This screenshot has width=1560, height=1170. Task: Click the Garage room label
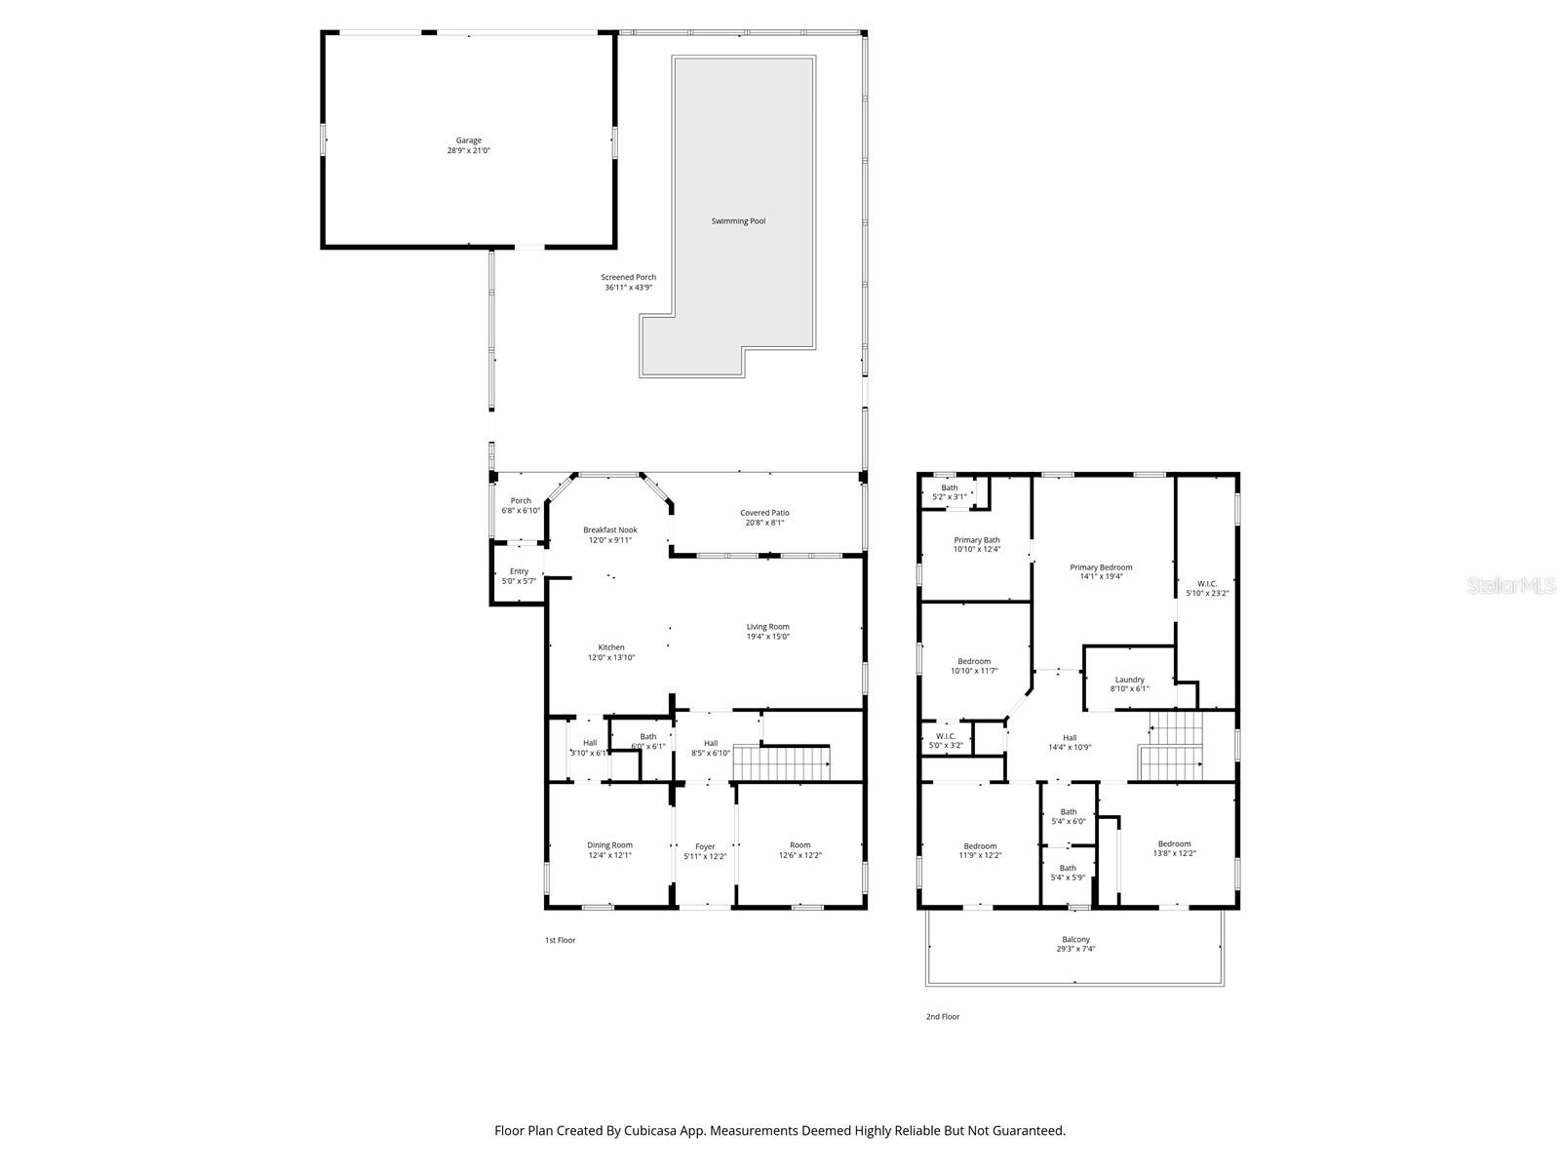(x=468, y=140)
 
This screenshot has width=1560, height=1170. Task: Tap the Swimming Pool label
(x=738, y=221)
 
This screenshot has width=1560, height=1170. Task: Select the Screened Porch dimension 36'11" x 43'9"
(x=628, y=288)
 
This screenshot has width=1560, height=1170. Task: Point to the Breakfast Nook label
(x=610, y=529)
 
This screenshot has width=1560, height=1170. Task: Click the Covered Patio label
(x=764, y=512)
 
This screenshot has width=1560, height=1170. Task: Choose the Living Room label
(x=768, y=627)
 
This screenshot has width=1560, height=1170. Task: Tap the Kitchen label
(x=611, y=647)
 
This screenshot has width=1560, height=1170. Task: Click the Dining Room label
(x=609, y=845)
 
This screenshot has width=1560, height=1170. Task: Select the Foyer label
(x=705, y=846)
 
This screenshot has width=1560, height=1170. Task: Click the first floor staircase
(x=781, y=763)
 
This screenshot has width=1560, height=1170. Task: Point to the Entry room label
(x=519, y=571)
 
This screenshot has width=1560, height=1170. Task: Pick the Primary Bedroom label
(x=1101, y=567)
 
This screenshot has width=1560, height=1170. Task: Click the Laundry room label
(x=1129, y=680)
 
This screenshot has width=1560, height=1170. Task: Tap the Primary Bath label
(x=976, y=540)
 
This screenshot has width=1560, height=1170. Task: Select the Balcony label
(x=1075, y=939)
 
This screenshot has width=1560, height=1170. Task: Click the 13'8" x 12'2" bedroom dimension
(x=1174, y=853)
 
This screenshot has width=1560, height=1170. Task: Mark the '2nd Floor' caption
(x=943, y=1017)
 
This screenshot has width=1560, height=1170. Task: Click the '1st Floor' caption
(x=560, y=941)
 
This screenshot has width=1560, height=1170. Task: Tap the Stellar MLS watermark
(x=1512, y=585)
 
